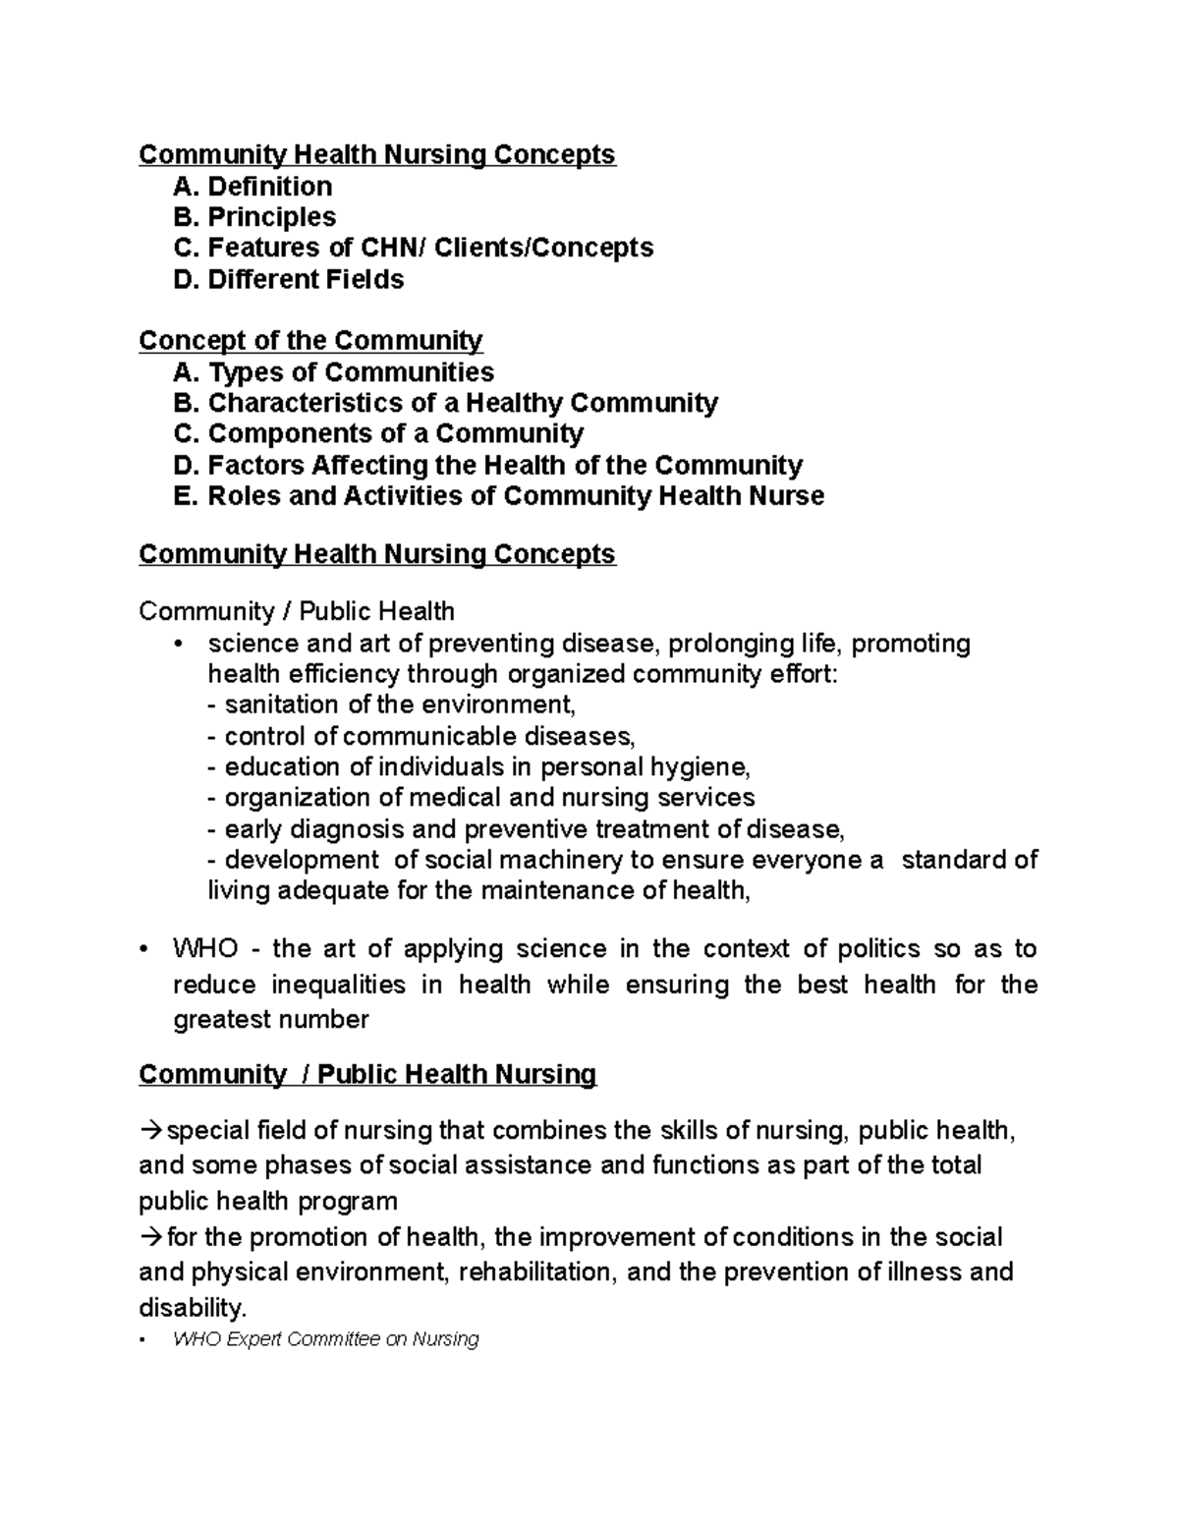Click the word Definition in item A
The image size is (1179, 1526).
[x=269, y=187]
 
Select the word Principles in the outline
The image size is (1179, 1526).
[x=271, y=217]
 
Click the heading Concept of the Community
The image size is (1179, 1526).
[x=310, y=341]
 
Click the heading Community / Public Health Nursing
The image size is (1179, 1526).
[x=367, y=1074]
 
